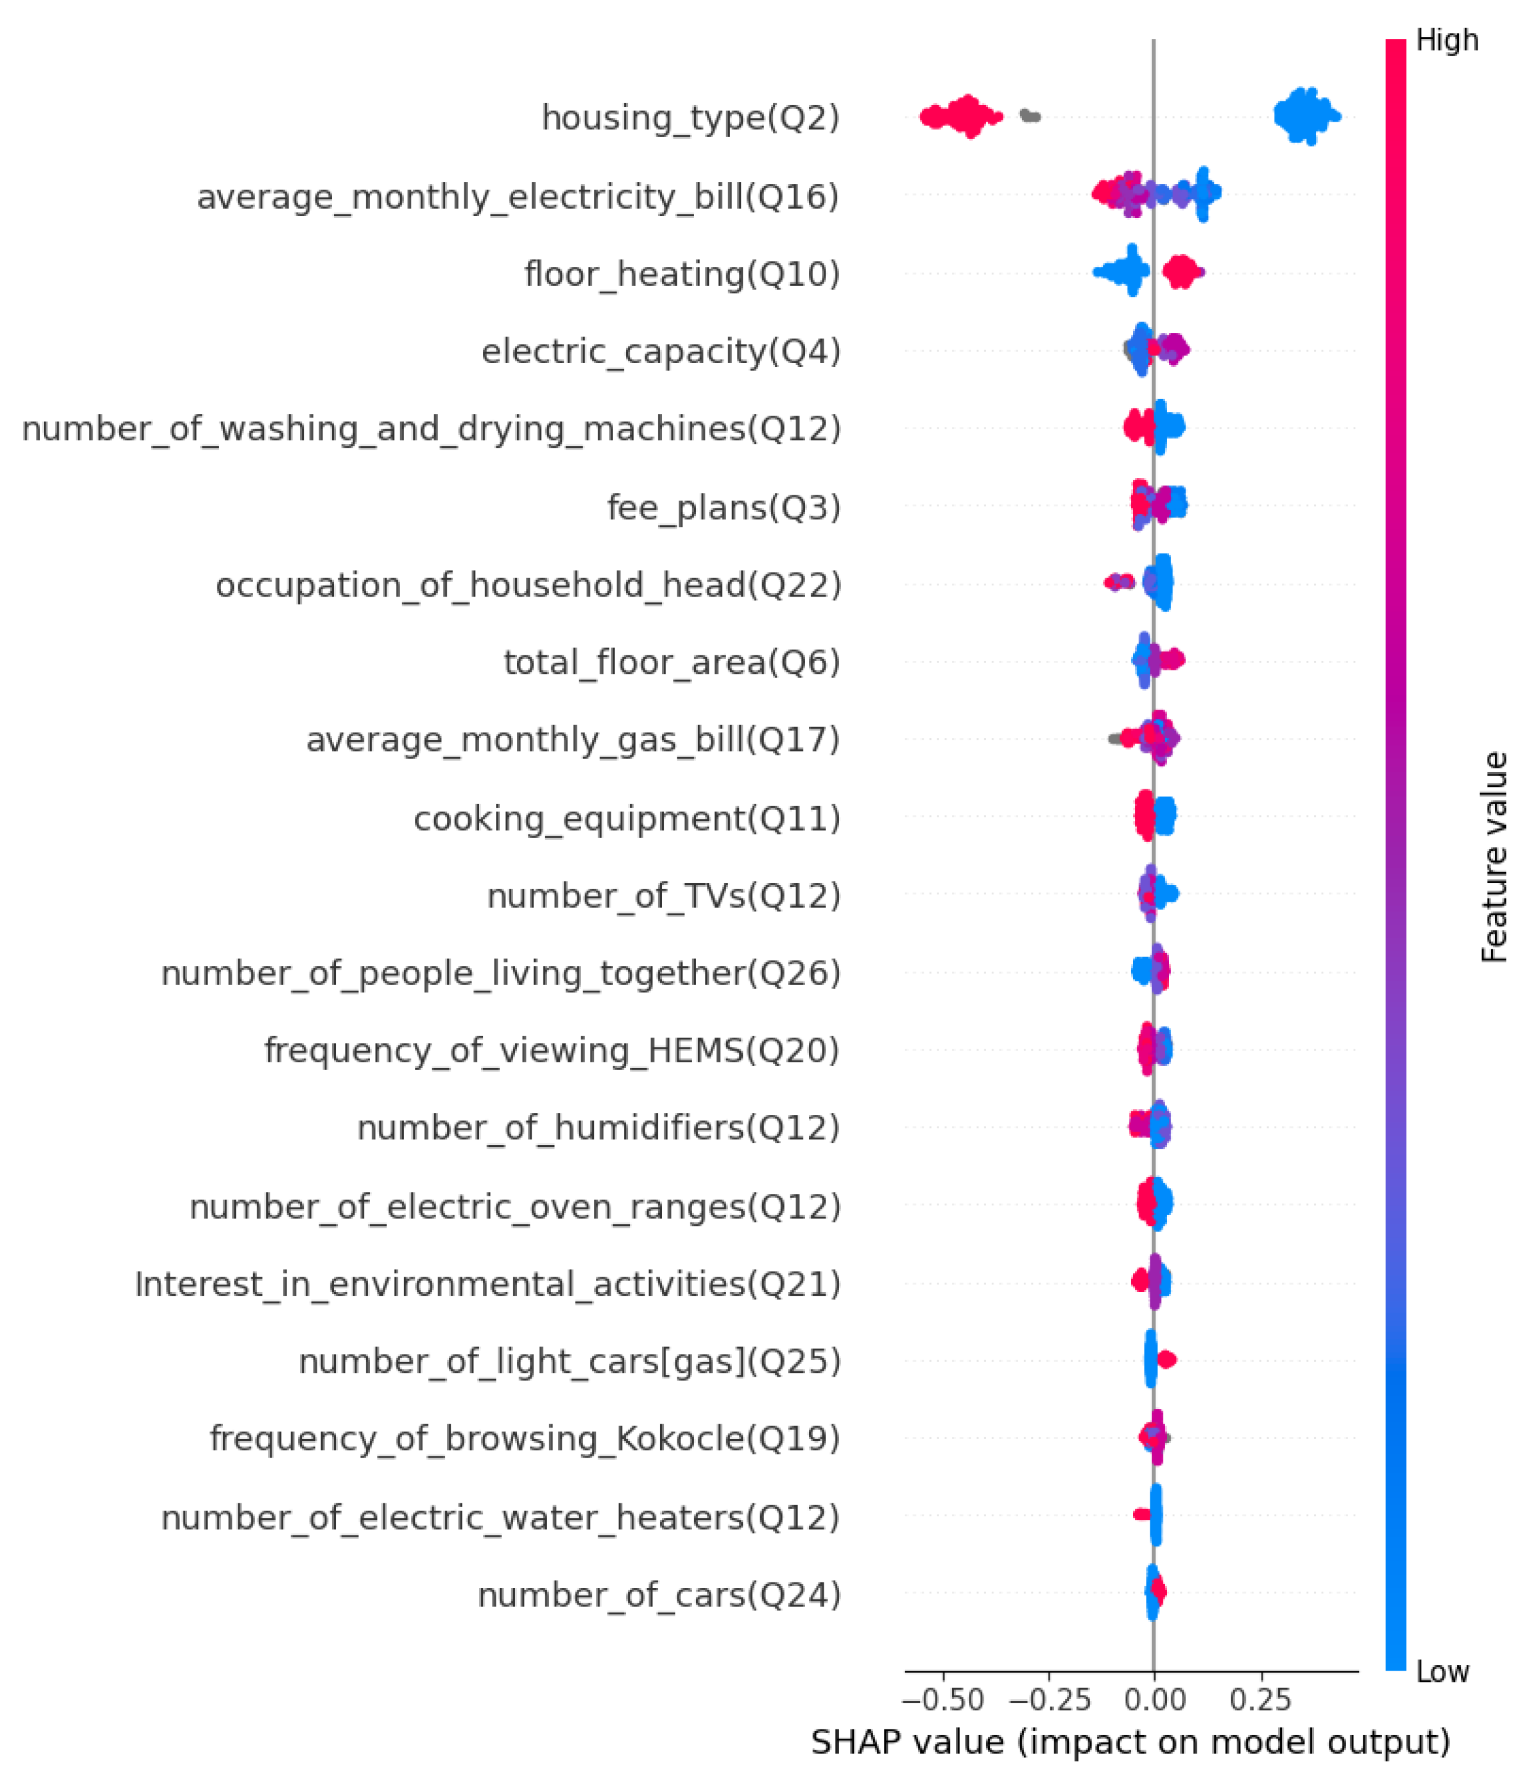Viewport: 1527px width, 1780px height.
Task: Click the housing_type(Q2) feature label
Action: tap(690, 118)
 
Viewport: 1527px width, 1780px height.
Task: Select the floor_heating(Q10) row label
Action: tap(682, 274)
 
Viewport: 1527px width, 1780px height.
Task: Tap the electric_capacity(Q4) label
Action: tap(661, 351)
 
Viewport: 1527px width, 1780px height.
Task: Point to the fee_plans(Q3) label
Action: tap(723, 507)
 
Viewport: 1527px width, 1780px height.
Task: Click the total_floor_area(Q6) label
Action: tap(672, 662)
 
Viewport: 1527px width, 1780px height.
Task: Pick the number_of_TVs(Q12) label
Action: tap(663, 896)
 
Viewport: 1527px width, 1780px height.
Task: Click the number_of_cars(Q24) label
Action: tap(659, 1595)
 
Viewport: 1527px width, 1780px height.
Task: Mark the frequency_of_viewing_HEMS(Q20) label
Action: tap(551, 1051)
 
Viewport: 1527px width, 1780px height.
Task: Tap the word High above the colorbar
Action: tap(1447, 40)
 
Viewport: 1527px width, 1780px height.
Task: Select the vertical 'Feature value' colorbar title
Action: tap(1494, 857)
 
